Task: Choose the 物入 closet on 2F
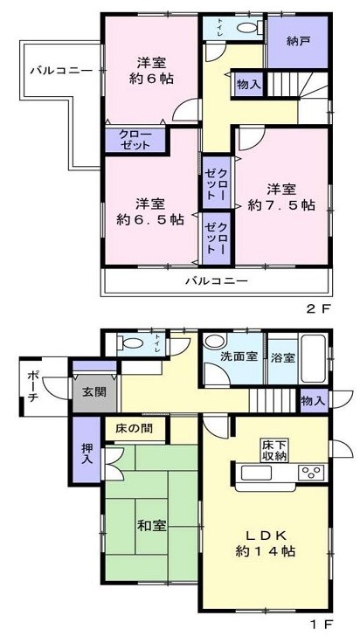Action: pyautogui.click(x=247, y=84)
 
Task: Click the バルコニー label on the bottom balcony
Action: pyautogui.click(x=217, y=281)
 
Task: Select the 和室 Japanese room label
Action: pyautogui.click(x=151, y=526)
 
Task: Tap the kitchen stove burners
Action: pyautogui.click(x=309, y=474)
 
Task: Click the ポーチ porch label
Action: pyautogui.click(x=32, y=386)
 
